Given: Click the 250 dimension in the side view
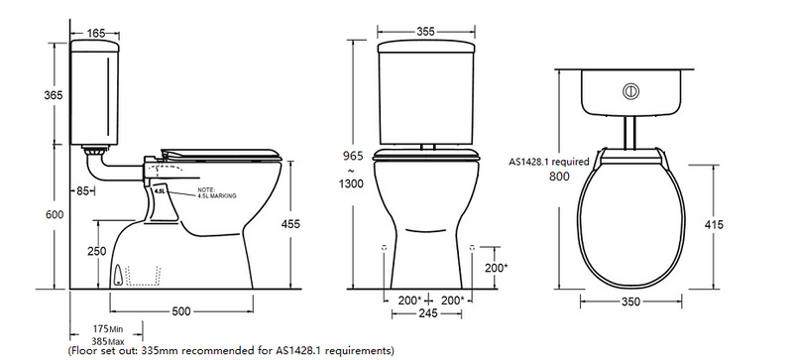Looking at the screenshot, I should [x=95, y=252].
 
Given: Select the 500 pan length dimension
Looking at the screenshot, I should [x=180, y=311].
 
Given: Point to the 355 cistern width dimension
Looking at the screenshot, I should [x=427, y=32].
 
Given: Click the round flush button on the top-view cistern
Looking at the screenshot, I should [x=626, y=91].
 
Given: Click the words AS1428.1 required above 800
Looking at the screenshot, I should [x=549, y=161].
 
